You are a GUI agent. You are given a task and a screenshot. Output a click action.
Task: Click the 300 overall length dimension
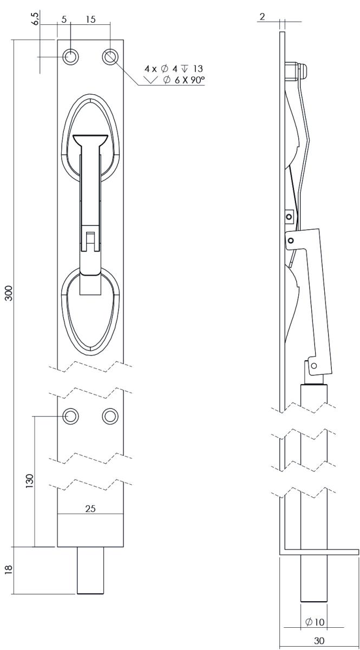coord(9,293)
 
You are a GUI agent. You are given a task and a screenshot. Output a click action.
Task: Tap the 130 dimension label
coord(30,481)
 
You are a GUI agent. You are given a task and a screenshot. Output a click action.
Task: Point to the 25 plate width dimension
coord(90,509)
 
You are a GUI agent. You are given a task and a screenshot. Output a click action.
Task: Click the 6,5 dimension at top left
coord(35,19)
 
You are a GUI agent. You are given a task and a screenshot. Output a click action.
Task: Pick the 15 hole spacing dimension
coord(90,19)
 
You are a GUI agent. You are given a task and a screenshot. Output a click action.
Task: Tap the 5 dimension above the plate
coord(64,19)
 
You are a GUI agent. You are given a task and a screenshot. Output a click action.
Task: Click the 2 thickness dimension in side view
coord(262,17)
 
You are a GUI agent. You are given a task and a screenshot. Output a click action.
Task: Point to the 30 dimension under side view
coord(319,640)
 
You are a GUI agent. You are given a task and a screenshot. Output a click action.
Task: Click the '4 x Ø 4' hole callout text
coord(161,69)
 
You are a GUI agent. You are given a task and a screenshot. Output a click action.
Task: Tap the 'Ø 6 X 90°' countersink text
coord(184,80)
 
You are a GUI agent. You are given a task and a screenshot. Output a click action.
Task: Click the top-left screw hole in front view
coord(70,56)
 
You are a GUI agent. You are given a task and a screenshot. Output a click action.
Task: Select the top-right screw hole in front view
coord(110,56)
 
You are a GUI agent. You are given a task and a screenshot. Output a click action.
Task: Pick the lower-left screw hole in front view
coord(70,416)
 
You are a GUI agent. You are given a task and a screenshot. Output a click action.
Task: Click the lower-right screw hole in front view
coord(110,416)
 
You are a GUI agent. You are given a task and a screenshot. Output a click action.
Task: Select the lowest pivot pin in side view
coord(313,365)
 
